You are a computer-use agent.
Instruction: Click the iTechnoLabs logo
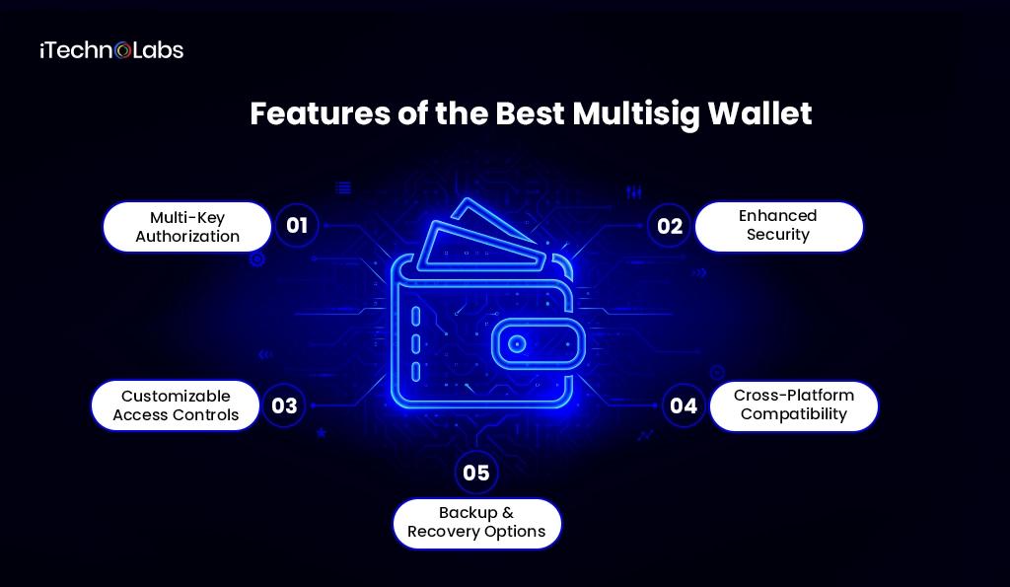[x=111, y=50]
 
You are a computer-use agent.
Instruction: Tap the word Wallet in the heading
[x=761, y=114]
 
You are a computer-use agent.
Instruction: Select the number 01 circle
[x=297, y=226]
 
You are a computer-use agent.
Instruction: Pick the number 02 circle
[x=670, y=226]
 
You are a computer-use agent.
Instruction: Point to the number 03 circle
[x=284, y=405]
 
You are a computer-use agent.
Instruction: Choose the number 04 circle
[x=684, y=405]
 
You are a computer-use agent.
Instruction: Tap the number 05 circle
[x=476, y=473]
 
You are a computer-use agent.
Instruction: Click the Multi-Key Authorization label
[x=187, y=227]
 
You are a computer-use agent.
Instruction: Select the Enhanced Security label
[x=778, y=226]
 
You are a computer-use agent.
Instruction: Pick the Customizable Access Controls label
[x=176, y=405]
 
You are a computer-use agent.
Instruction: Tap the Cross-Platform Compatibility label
[x=794, y=405]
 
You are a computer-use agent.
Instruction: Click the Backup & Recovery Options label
[x=476, y=523]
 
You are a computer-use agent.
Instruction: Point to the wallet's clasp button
[x=518, y=344]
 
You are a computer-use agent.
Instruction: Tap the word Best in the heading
[x=530, y=114]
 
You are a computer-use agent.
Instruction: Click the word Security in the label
[x=778, y=235]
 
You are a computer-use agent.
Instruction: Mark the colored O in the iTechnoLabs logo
[x=122, y=51]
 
